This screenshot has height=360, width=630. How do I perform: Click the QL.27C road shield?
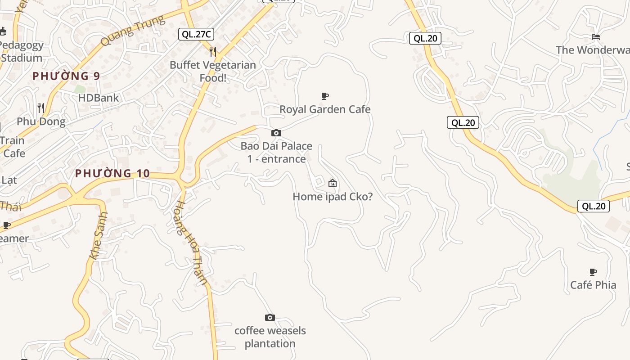pyautogui.click(x=196, y=34)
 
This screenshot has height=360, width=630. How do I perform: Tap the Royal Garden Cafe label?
pyautogui.click(x=325, y=109)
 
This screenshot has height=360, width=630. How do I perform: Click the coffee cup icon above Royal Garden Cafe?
pyautogui.click(x=325, y=96)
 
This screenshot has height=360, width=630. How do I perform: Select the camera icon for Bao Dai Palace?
pyautogui.click(x=276, y=133)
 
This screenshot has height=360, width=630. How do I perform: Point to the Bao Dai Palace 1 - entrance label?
pyautogui.click(x=276, y=152)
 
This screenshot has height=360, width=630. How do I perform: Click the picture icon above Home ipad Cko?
pyautogui.click(x=333, y=183)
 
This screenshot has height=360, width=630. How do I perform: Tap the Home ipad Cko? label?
pyautogui.click(x=333, y=197)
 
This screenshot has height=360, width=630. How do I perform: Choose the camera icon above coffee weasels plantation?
pyautogui.click(x=270, y=317)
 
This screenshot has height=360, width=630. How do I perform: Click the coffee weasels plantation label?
pyautogui.click(x=270, y=337)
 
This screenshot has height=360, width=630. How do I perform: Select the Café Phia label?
pyautogui.click(x=593, y=285)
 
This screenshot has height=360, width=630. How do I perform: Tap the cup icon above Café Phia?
pyautogui.click(x=593, y=272)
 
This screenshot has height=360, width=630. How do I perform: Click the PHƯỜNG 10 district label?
pyautogui.click(x=118, y=173)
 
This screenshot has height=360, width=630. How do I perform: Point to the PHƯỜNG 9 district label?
pyautogui.click(x=66, y=76)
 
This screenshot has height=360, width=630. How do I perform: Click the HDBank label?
pyautogui.click(x=99, y=98)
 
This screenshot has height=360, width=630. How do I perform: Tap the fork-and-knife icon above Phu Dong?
pyautogui.click(x=41, y=108)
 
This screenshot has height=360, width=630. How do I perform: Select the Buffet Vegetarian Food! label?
pyautogui.click(x=213, y=71)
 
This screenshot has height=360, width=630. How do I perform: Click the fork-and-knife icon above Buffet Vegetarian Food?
pyautogui.click(x=213, y=52)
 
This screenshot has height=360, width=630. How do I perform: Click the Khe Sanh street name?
pyautogui.click(x=99, y=235)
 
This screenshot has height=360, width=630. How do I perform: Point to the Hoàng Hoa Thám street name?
pyautogui.click(x=191, y=243)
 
